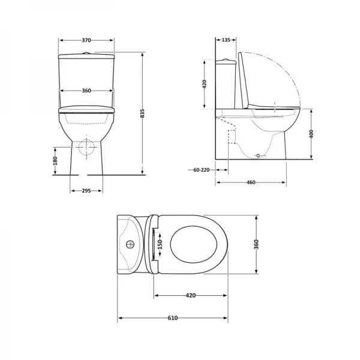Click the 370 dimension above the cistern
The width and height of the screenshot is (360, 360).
click(86, 40)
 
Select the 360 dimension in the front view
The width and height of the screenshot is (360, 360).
click(86, 91)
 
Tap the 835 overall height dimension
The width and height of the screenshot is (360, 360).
click(142, 114)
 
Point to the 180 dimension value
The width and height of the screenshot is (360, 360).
click(55, 160)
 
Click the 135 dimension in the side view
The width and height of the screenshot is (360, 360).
click(226, 40)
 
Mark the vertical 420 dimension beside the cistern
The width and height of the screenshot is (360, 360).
click(205, 83)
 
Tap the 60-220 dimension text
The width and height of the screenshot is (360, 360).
click(202, 170)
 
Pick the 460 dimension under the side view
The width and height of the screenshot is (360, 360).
click(250, 182)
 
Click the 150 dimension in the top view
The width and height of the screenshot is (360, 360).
click(160, 244)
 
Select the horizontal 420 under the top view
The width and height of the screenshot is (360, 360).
click(191, 295)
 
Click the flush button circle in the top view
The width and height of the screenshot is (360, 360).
click(131, 244)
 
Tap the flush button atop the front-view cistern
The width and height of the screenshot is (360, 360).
click(86, 53)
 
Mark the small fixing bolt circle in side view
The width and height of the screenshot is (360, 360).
click(259, 155)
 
